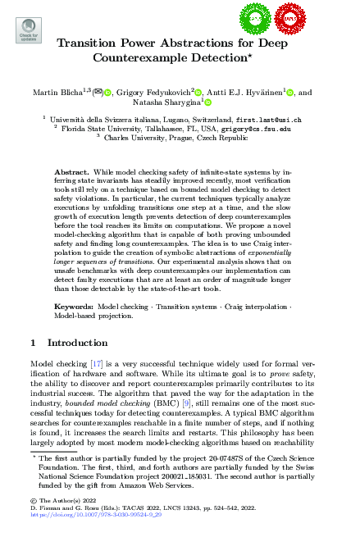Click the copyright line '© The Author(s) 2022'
pos(58,500)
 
